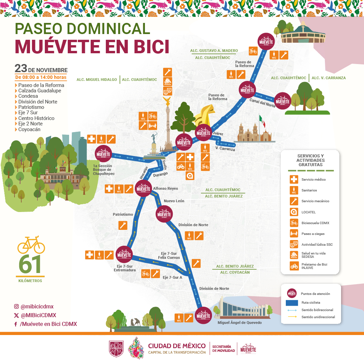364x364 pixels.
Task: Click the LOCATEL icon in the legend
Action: click(x=294, y=212)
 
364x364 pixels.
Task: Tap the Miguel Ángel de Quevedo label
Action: click(x=239, y=323)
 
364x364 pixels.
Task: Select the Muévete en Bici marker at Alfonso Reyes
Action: click(x=143, y=188)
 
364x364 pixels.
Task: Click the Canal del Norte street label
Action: click(x=262, y=102)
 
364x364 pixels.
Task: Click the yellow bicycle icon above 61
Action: click(x=31, y=245)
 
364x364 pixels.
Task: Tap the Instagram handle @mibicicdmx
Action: click(x=37, y=307)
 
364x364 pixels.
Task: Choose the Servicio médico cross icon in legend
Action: click(x=294, y=179)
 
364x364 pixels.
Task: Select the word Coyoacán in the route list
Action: click(x=29, y=129)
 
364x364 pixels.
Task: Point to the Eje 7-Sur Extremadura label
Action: click(x=125, y=268)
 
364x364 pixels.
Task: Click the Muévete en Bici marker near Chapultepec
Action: click(x=103, y=154)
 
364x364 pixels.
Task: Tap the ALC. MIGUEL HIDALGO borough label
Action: click(x=97, y=80)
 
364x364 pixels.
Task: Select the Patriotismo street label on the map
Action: click(x=123, y=214)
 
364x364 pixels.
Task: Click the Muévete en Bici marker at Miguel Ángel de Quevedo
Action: click(x=203, y=316)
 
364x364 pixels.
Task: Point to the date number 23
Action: click(x=21, y=68)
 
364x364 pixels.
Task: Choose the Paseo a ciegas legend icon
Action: click(x=294, y=233)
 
